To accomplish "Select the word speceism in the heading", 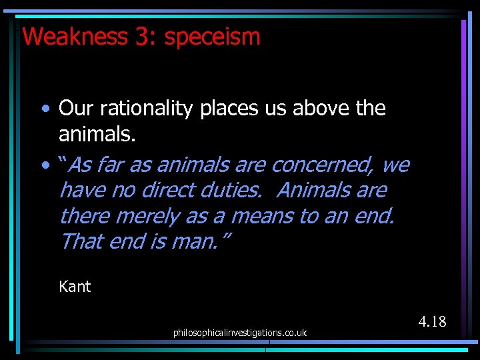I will [x=212, y=36].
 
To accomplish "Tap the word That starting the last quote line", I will [x=81, y=241].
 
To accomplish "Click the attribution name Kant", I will [x=75, y=287].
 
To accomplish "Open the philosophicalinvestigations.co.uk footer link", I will [x=240, y=332].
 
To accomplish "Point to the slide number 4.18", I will [x=432, y=322].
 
